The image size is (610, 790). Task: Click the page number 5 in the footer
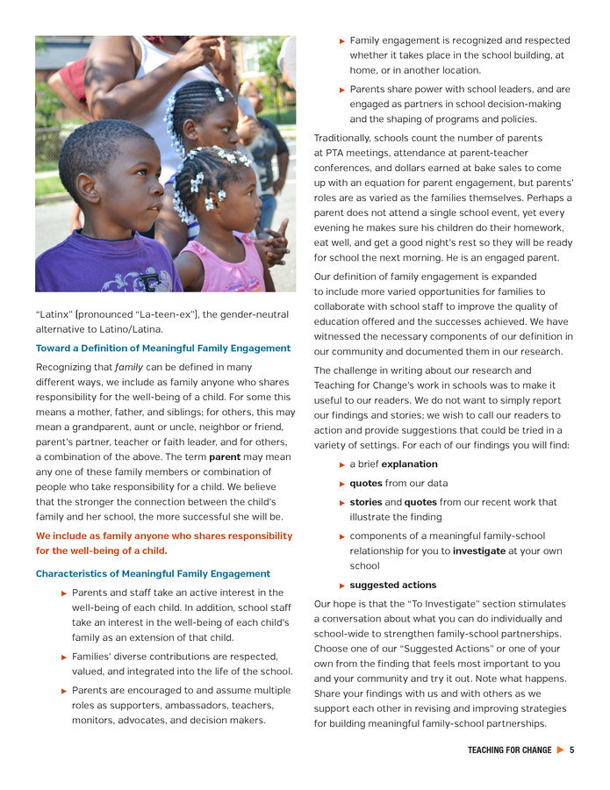[571, 750]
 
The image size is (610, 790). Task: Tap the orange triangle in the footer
[560, 750]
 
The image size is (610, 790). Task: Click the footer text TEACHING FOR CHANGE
[509, 750]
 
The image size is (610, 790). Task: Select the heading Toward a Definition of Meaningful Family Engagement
[162, 348]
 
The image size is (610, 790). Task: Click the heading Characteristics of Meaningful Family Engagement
[153, 574]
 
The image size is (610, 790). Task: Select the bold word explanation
[409, 464]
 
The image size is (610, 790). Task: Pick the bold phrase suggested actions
[392, 585]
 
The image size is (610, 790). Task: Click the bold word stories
[366, 502]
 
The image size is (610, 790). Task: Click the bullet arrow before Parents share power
[342, 90]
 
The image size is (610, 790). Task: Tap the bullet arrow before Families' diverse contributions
[64, 657]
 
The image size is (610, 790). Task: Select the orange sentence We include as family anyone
[164, 543]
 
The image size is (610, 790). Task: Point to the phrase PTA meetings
[354, 154]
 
